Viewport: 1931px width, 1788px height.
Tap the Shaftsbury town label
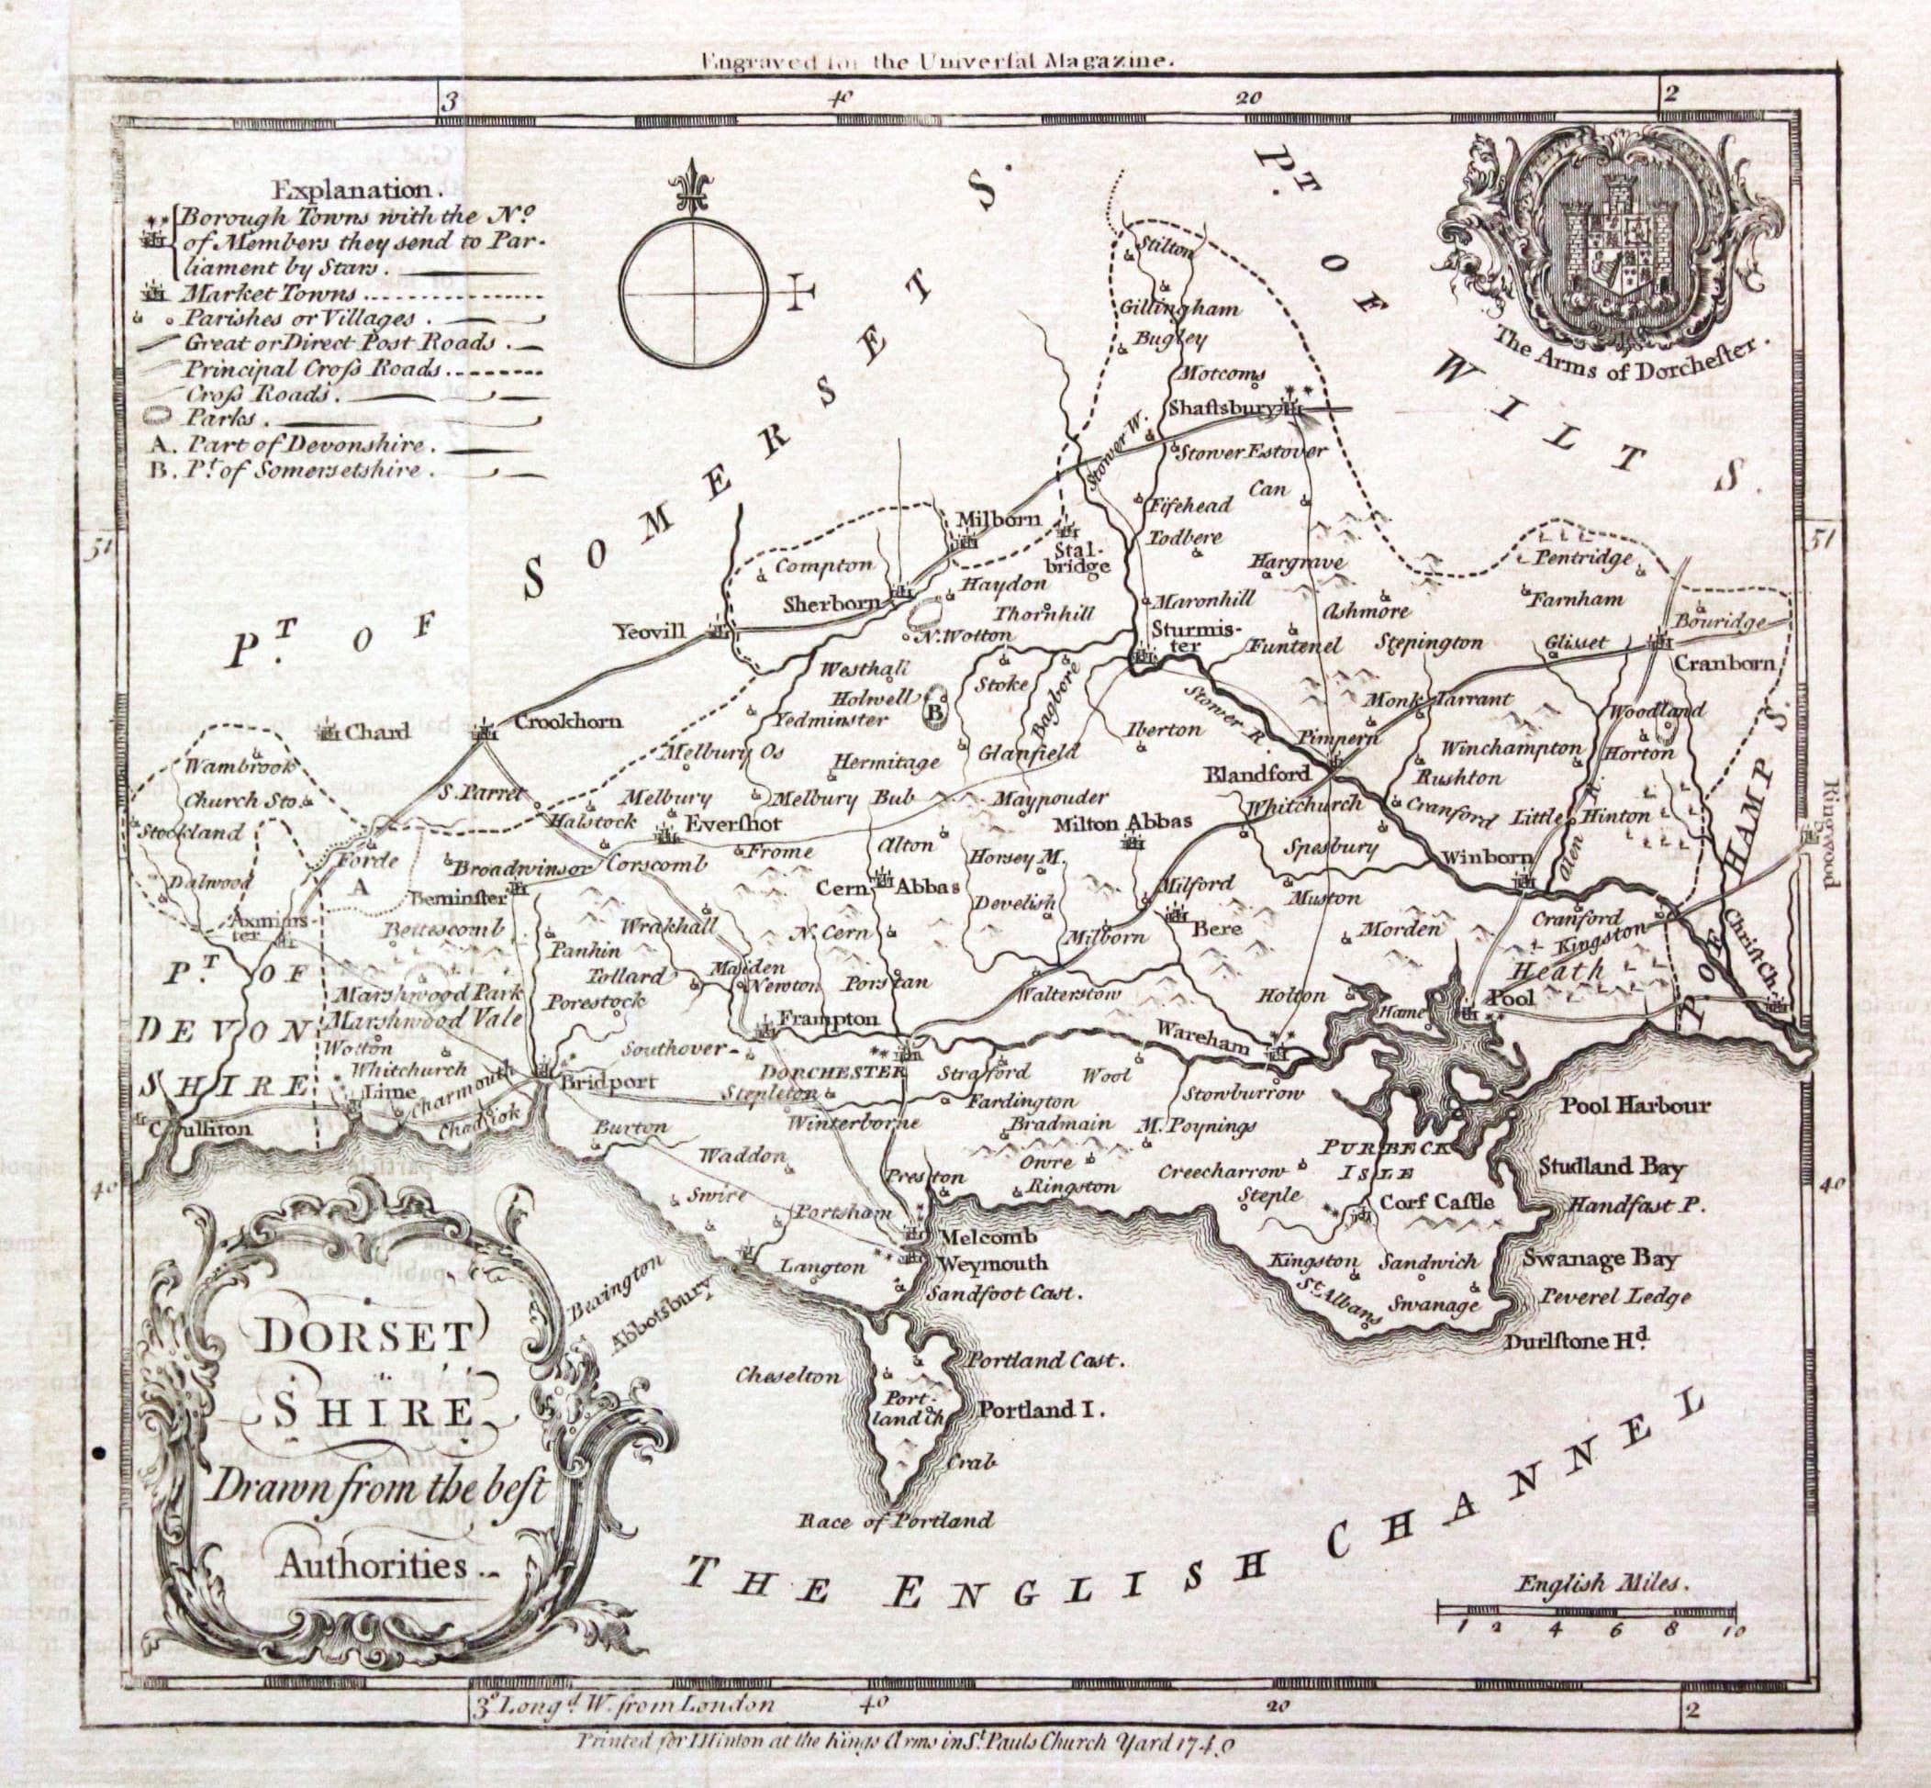coord(1222,408)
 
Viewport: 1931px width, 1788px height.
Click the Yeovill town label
coord(650,631)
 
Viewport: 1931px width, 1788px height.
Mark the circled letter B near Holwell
coord(934,713)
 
